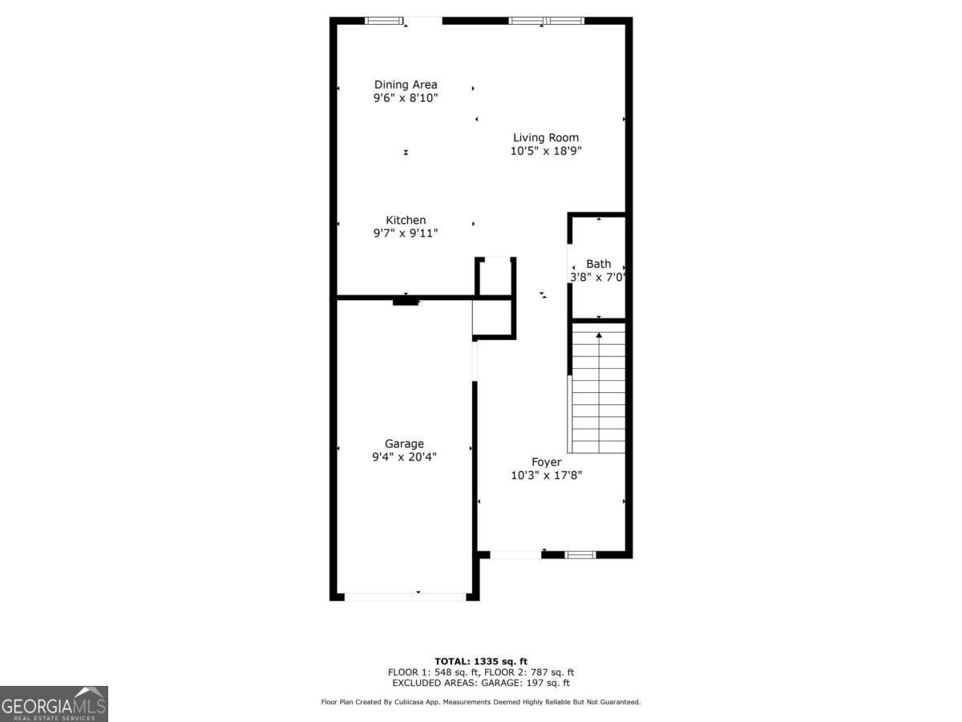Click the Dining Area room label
tap(406, 85)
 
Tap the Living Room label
tap(546, 138)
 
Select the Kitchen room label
tap(406, 221)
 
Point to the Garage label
tap(404, 444)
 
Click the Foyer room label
tap(546, 462)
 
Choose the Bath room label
tap(598, 264)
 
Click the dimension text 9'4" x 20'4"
tap(404, 457)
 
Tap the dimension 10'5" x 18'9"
tap(546, 151)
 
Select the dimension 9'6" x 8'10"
tap(406, 98)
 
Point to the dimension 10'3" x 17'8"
tap(546, 475)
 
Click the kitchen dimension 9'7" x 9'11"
tap(406, 233)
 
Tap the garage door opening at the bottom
tap(405, 596)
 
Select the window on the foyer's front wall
tap(580, 554)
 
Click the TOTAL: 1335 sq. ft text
tap(481, 661)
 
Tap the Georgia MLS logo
tap(54, 704)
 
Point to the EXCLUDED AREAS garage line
tap(481, 683)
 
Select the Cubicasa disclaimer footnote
tap(481, 702)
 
